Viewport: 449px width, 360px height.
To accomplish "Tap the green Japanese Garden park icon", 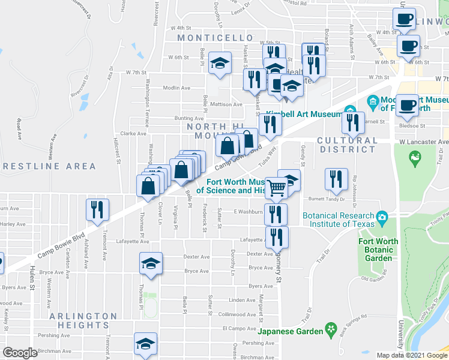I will tap(331, 329).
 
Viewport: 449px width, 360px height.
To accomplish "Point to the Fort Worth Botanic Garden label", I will tap(378, 250).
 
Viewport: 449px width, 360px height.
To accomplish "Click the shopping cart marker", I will tap(276, 188).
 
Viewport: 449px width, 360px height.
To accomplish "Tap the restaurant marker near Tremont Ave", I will tap(97, 209).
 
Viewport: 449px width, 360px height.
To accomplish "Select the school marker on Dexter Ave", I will tap(151, 263).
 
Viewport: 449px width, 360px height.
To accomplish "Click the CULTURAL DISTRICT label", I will tap(348, 145).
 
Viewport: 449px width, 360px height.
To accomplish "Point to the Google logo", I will tap(20, 353).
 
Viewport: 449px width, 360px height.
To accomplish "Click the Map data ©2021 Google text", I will tap(411, 355).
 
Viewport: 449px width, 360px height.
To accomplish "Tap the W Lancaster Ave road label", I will tap(424, 142).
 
